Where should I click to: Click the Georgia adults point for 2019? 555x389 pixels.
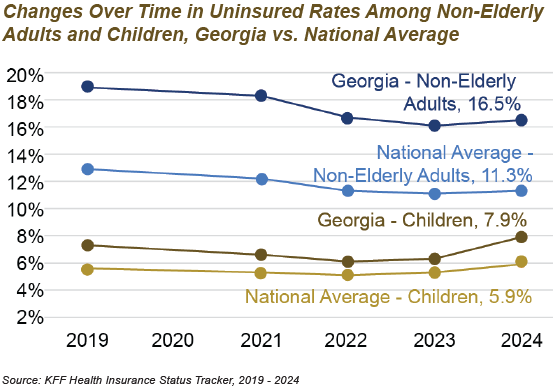87,86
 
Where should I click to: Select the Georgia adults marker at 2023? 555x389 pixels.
434,126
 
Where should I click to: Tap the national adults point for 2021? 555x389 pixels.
261,179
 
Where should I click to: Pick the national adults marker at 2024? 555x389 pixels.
521,191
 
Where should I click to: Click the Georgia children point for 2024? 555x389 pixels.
521,237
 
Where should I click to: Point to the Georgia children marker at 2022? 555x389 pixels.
348,262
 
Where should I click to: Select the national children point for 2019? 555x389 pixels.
87,269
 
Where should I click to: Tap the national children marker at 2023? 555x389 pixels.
434,273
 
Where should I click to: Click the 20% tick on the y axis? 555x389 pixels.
25,75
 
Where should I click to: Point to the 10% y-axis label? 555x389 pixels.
25,210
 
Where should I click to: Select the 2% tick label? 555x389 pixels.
30,318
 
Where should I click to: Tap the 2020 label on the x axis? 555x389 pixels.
173,341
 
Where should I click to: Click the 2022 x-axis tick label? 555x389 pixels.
346,341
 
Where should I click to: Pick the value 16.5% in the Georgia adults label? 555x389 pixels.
494,104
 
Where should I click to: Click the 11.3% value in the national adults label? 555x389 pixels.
506,175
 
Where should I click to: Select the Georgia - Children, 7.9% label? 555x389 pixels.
422,220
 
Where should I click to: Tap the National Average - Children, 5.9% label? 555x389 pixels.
388,296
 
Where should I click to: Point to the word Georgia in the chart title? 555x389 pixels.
230,35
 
